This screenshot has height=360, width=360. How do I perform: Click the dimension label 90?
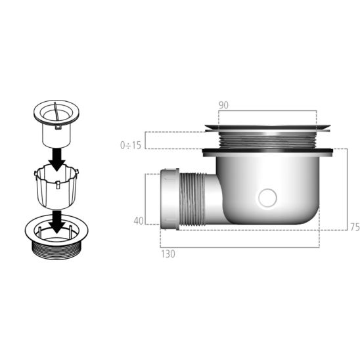click(224, 105)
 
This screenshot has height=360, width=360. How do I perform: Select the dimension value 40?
click(138, 221)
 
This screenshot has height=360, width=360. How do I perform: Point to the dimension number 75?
click(354, 227)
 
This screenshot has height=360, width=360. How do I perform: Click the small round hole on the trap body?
click(268, 196)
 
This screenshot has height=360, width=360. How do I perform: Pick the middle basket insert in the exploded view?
click(58, 187)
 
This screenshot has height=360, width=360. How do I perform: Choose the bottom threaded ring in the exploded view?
click(58, 236)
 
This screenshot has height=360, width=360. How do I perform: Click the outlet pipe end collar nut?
click(168, 198)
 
